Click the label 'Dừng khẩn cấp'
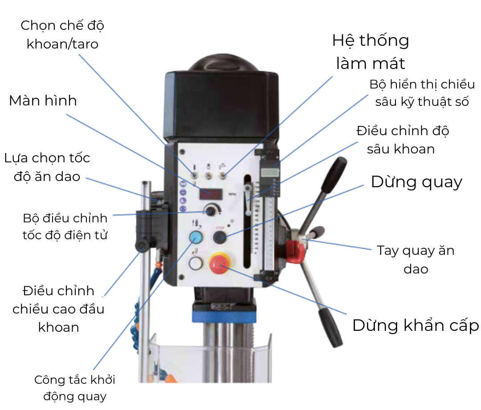tap(415, 326)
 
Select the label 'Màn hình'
tap(43, 100)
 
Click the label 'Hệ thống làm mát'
tap(371, 52)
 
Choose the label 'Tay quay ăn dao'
tap(416, 259)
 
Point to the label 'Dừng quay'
tap(416, 182)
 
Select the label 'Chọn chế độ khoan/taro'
tap(62, 34)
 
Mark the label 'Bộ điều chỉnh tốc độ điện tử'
tap(65, 227)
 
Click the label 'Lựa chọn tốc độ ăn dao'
tap(47, 167)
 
